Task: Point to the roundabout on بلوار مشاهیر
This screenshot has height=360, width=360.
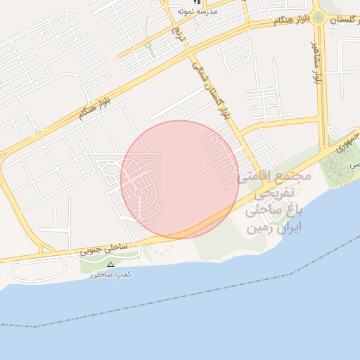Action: (318, 17)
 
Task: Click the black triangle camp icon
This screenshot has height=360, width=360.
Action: (110, 265)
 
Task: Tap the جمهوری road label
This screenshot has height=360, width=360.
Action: (346, 142)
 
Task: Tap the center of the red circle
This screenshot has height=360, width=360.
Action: (179, 179)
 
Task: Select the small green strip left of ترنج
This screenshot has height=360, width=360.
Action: (148, 49)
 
